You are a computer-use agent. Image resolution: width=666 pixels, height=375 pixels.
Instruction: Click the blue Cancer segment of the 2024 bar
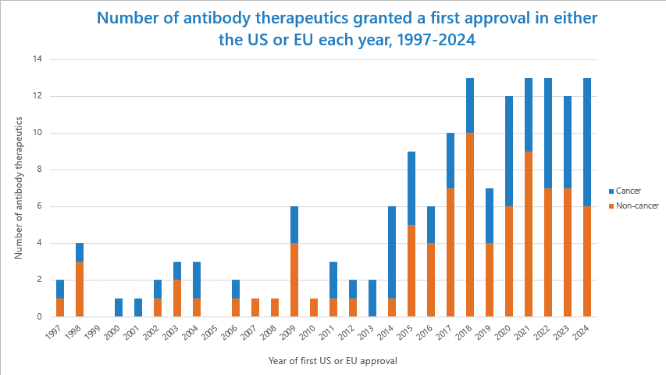586,142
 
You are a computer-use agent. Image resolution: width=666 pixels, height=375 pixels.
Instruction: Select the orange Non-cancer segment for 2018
469,224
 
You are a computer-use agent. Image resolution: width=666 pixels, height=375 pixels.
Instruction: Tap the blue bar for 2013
372,298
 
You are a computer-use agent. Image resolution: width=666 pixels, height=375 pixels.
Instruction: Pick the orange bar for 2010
313,307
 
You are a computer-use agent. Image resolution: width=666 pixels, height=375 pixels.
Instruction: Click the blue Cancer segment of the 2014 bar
391,252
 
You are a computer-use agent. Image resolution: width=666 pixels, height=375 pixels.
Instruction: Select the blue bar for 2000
118,307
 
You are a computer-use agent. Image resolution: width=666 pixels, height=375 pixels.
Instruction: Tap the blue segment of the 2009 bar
294,225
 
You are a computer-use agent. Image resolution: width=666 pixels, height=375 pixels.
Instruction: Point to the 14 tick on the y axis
36,59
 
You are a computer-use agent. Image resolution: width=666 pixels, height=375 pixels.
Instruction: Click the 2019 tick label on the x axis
486,331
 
